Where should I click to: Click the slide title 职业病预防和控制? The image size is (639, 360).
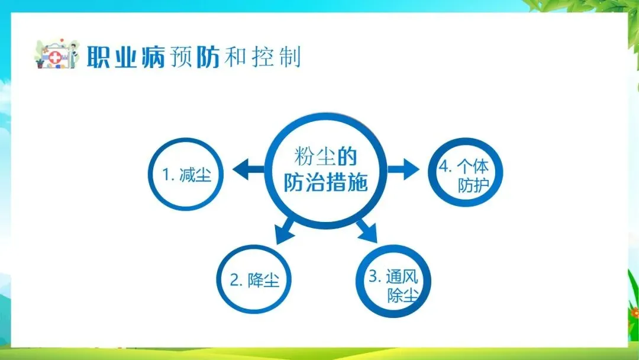tap(193, 57)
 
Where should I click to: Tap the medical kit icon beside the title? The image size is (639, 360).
tap(56, 55)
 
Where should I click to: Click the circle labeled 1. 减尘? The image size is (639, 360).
tap(187, 175)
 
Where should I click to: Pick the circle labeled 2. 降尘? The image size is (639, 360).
tap(254, 279)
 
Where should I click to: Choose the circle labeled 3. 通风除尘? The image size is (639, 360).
tap(393, 285)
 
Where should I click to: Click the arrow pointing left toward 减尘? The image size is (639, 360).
tap(248, 171)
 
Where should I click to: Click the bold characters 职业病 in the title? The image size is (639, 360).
tap(125, 57)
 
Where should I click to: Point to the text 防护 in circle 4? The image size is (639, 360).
tap(473, 185)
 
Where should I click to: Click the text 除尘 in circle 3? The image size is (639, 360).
tap(402, 295)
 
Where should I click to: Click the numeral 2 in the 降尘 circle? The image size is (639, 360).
tap(235, 280)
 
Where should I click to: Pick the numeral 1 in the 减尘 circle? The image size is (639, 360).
tap(166, 175)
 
